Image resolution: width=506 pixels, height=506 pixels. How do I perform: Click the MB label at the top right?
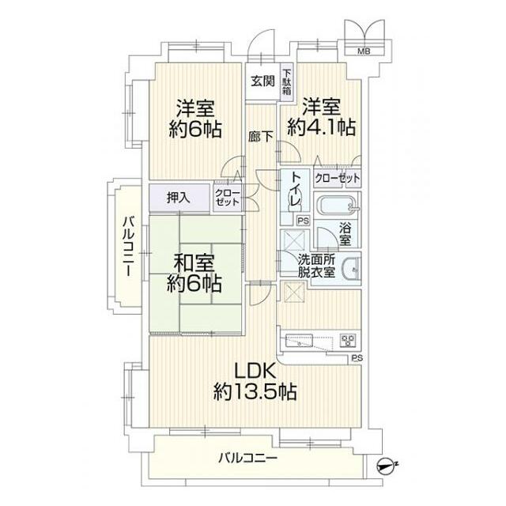(x=364, y=51)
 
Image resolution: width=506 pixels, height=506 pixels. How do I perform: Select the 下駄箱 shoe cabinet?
(x=285, y=82)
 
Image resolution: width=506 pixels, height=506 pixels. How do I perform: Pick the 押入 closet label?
(x=179, y=197)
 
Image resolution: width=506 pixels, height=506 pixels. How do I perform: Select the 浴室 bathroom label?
(x=346, y=234)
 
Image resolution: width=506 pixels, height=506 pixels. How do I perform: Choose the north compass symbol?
(x=385, y=466)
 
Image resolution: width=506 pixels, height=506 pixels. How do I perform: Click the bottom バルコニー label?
(x=247, y=458)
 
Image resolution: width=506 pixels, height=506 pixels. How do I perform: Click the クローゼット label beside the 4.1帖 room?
(x=337, y=178)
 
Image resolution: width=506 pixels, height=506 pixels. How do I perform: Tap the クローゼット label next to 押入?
(x=225, y=197)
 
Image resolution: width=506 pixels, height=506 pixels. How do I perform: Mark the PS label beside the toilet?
(x=301, y=222)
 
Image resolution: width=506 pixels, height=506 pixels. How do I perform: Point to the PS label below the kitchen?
(x=357, y=358)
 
